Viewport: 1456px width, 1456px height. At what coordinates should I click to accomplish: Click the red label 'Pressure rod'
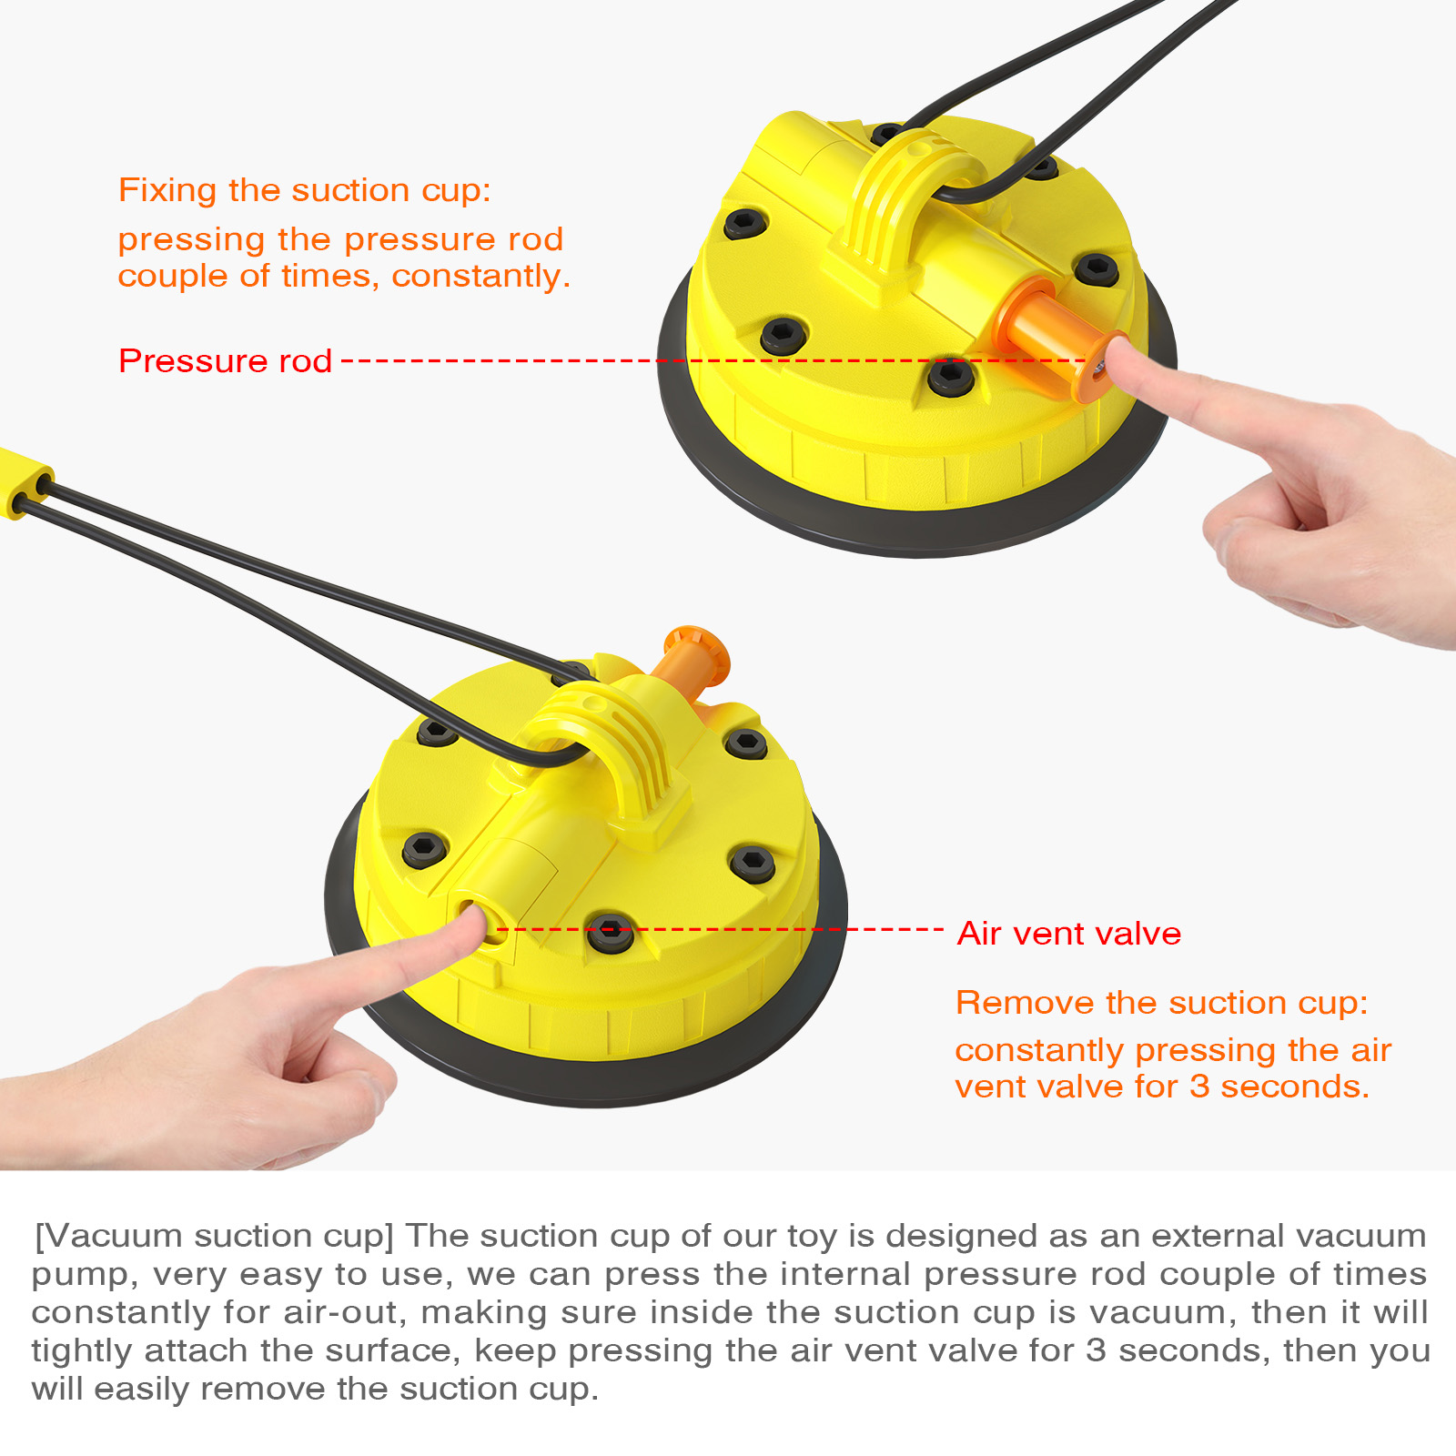coord(225,361)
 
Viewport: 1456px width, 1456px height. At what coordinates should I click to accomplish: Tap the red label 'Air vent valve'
coord(1069,934)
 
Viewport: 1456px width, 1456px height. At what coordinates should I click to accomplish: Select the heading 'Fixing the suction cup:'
coord(305,191)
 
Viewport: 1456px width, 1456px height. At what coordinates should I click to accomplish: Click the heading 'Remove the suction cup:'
coord(1162,1003)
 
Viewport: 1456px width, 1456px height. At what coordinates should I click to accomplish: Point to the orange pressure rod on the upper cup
coord(1056,337)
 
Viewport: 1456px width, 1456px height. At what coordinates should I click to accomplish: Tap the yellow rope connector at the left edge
coord(25,482)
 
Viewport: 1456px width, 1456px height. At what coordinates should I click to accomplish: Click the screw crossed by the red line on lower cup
coord(610,933)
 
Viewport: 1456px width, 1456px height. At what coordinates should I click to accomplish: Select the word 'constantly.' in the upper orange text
coord(480,277)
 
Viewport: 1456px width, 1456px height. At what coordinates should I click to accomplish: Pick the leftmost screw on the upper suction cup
coord(745,222)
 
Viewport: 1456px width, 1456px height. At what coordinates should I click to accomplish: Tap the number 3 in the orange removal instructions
coord(1199,1087)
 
